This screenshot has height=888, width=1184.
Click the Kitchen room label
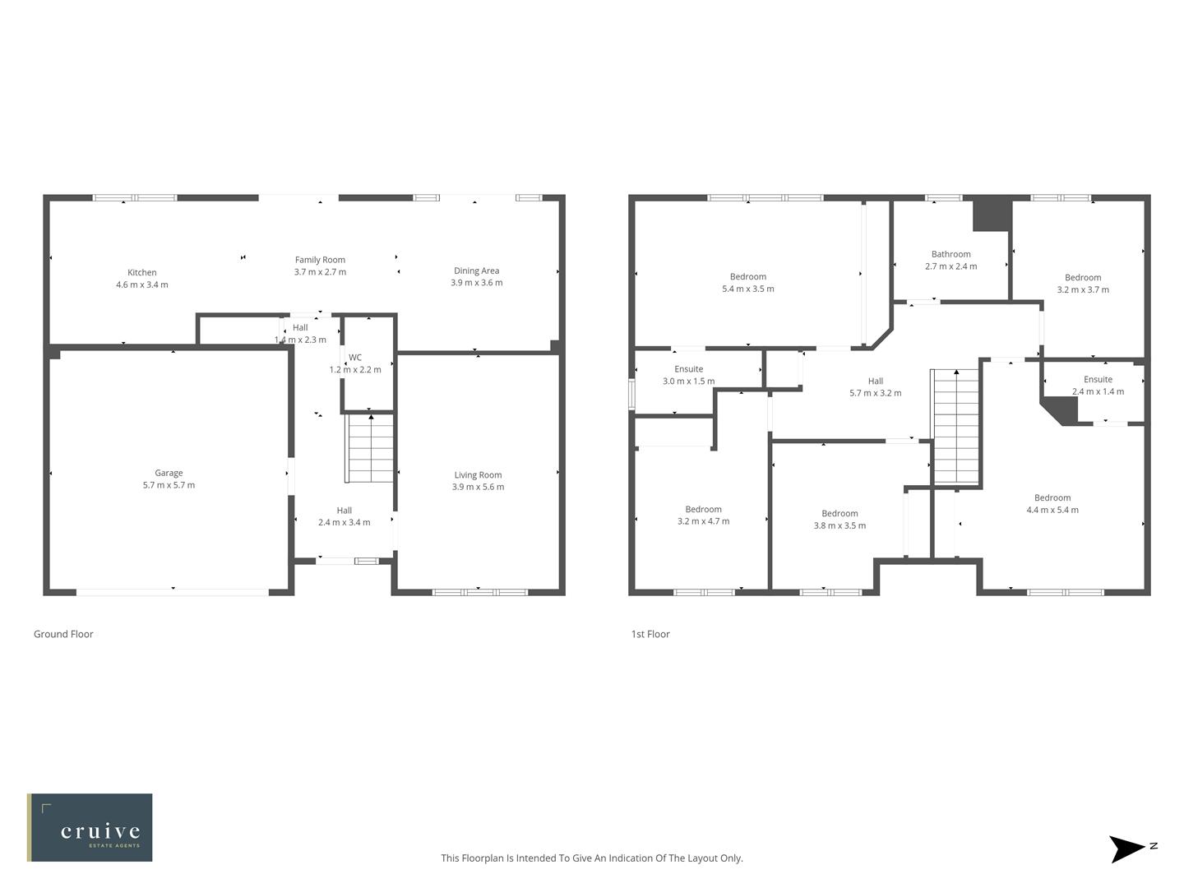141,273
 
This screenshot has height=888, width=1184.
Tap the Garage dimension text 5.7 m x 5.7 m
169,485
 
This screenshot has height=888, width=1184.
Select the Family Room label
320,260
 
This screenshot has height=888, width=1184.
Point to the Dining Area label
476,271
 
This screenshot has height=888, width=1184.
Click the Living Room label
478,475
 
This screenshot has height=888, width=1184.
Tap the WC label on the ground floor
355,358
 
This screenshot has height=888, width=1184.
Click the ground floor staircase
370,449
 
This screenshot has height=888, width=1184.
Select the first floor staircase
956,428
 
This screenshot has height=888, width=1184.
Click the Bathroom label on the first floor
950,255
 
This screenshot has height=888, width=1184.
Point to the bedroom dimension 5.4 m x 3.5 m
747,289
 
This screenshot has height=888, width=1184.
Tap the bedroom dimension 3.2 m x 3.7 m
1082,289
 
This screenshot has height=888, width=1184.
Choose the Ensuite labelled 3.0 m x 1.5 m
688,375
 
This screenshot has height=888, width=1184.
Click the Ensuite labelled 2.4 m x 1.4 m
1098,386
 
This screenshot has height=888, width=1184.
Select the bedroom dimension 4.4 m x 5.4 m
1052,510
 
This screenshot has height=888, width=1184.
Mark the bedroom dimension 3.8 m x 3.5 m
839,525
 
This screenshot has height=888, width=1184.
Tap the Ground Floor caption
63,634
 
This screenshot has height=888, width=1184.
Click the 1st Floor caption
650,634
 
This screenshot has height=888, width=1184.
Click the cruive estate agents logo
90,827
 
